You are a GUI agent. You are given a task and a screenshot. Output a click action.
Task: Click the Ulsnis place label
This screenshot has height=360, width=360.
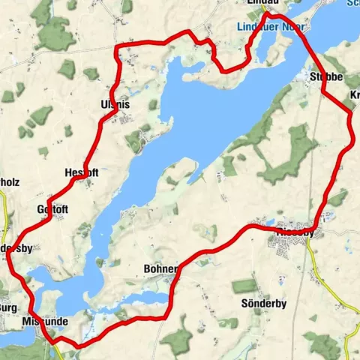tap(114, 105)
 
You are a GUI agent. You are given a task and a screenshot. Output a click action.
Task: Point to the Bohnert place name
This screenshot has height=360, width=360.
tap(160, 268)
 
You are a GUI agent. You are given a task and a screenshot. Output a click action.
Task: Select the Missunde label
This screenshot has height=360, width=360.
tap(45, 321)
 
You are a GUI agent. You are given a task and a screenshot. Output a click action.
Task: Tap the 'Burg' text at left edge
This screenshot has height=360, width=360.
tap(8, 307)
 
